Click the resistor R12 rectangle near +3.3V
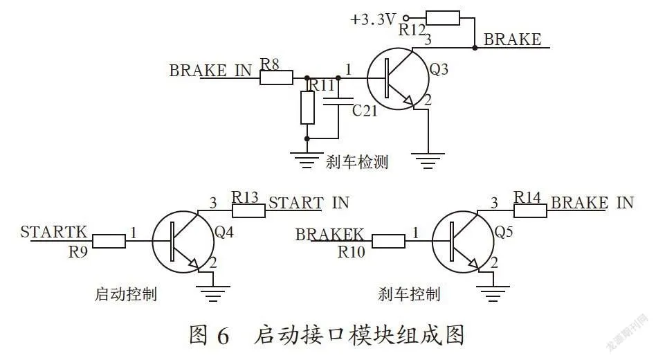[443, 18]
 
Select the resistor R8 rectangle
[276, 78]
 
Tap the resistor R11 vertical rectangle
[307, 107]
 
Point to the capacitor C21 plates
[338, 101]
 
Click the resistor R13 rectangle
[248, 210]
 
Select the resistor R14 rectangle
[530, 210]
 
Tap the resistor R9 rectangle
[109, 241]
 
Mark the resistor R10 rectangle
[388, 241]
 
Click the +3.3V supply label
[373, 19]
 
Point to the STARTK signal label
[53, 232]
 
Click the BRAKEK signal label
[329, 235]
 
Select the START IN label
[309, 203]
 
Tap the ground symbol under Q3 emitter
[428, 161]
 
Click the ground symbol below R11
[307, 161]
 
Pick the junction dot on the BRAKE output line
[475, 48]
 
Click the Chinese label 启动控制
[125, 294]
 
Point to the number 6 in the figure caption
[223, 336]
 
